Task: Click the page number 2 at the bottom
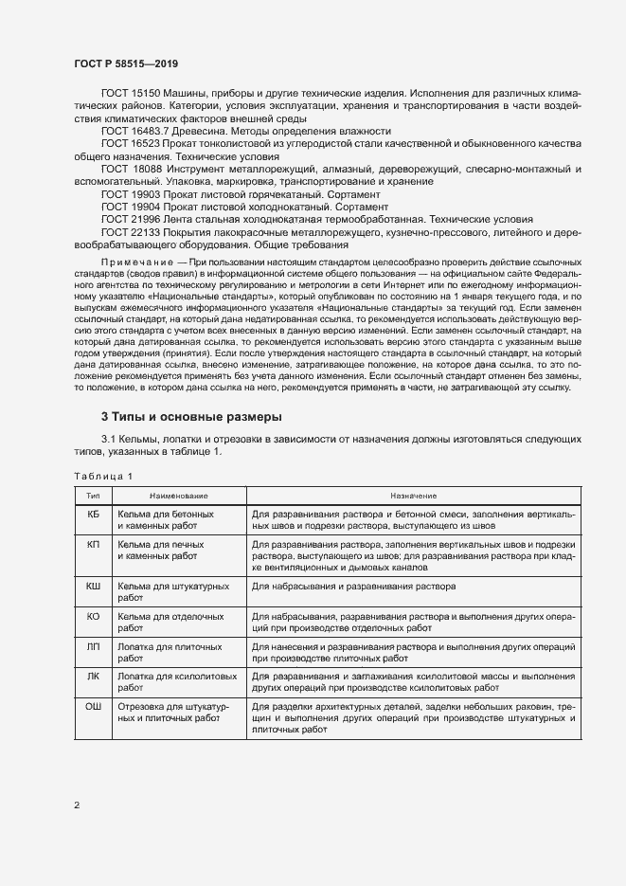76,805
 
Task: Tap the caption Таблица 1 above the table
103,476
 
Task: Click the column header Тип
93,496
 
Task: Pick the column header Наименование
178,496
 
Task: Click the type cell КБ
93,514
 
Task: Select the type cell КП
93,546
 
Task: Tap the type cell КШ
93,588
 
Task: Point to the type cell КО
93,616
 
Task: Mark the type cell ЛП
93,646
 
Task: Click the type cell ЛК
93,677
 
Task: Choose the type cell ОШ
93,707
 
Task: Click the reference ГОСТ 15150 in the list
130,94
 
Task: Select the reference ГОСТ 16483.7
134,131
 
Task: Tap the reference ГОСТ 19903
130,192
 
